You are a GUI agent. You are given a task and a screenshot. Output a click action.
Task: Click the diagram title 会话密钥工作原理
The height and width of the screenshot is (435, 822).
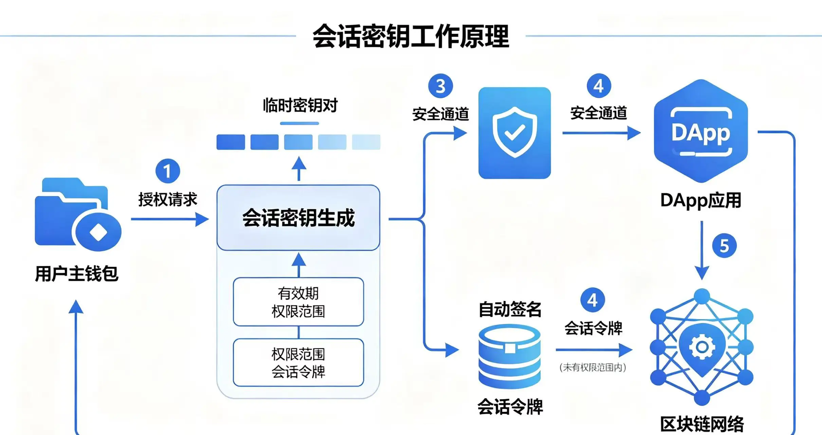[411, 36]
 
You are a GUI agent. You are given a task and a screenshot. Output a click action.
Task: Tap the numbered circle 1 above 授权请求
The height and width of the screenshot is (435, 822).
[168, 171]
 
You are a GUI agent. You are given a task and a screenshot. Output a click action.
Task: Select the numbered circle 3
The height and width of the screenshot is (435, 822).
[440, 86]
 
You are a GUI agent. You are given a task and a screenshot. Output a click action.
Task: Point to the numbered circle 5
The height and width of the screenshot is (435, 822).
[724, 246]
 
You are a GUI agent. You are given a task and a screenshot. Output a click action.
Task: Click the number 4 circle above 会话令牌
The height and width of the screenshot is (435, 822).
[592, 300]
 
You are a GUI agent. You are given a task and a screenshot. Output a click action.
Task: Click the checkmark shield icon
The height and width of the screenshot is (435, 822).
[514, 133]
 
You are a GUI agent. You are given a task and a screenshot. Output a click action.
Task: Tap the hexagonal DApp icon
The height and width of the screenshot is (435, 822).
[701, 131]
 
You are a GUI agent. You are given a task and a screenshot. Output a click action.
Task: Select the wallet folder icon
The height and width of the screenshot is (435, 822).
[78, 214]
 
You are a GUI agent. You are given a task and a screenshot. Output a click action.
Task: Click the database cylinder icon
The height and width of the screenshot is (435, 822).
[509, 356]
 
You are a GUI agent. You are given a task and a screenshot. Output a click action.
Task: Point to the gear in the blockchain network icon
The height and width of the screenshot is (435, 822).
[702, 347]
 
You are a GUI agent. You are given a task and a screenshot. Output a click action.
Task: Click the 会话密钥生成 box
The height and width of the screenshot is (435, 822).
[298, 218]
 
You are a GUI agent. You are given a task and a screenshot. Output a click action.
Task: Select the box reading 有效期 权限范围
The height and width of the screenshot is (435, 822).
[298, 302]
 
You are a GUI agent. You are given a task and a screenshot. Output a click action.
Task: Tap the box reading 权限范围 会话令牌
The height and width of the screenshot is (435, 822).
[298, 363]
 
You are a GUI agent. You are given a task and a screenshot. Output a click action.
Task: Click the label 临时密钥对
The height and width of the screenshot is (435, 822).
[300, 105]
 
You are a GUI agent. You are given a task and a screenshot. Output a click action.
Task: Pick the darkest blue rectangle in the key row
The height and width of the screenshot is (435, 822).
[231, 142]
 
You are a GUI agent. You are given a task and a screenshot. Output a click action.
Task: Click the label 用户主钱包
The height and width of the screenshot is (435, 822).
[77, 274]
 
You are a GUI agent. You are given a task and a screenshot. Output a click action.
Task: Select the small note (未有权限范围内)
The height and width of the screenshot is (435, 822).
[593, 367]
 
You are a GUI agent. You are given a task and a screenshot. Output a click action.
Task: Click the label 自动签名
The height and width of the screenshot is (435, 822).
[510, 309]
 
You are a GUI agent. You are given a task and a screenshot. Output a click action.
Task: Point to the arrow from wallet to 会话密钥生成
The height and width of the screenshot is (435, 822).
[170, 219]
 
